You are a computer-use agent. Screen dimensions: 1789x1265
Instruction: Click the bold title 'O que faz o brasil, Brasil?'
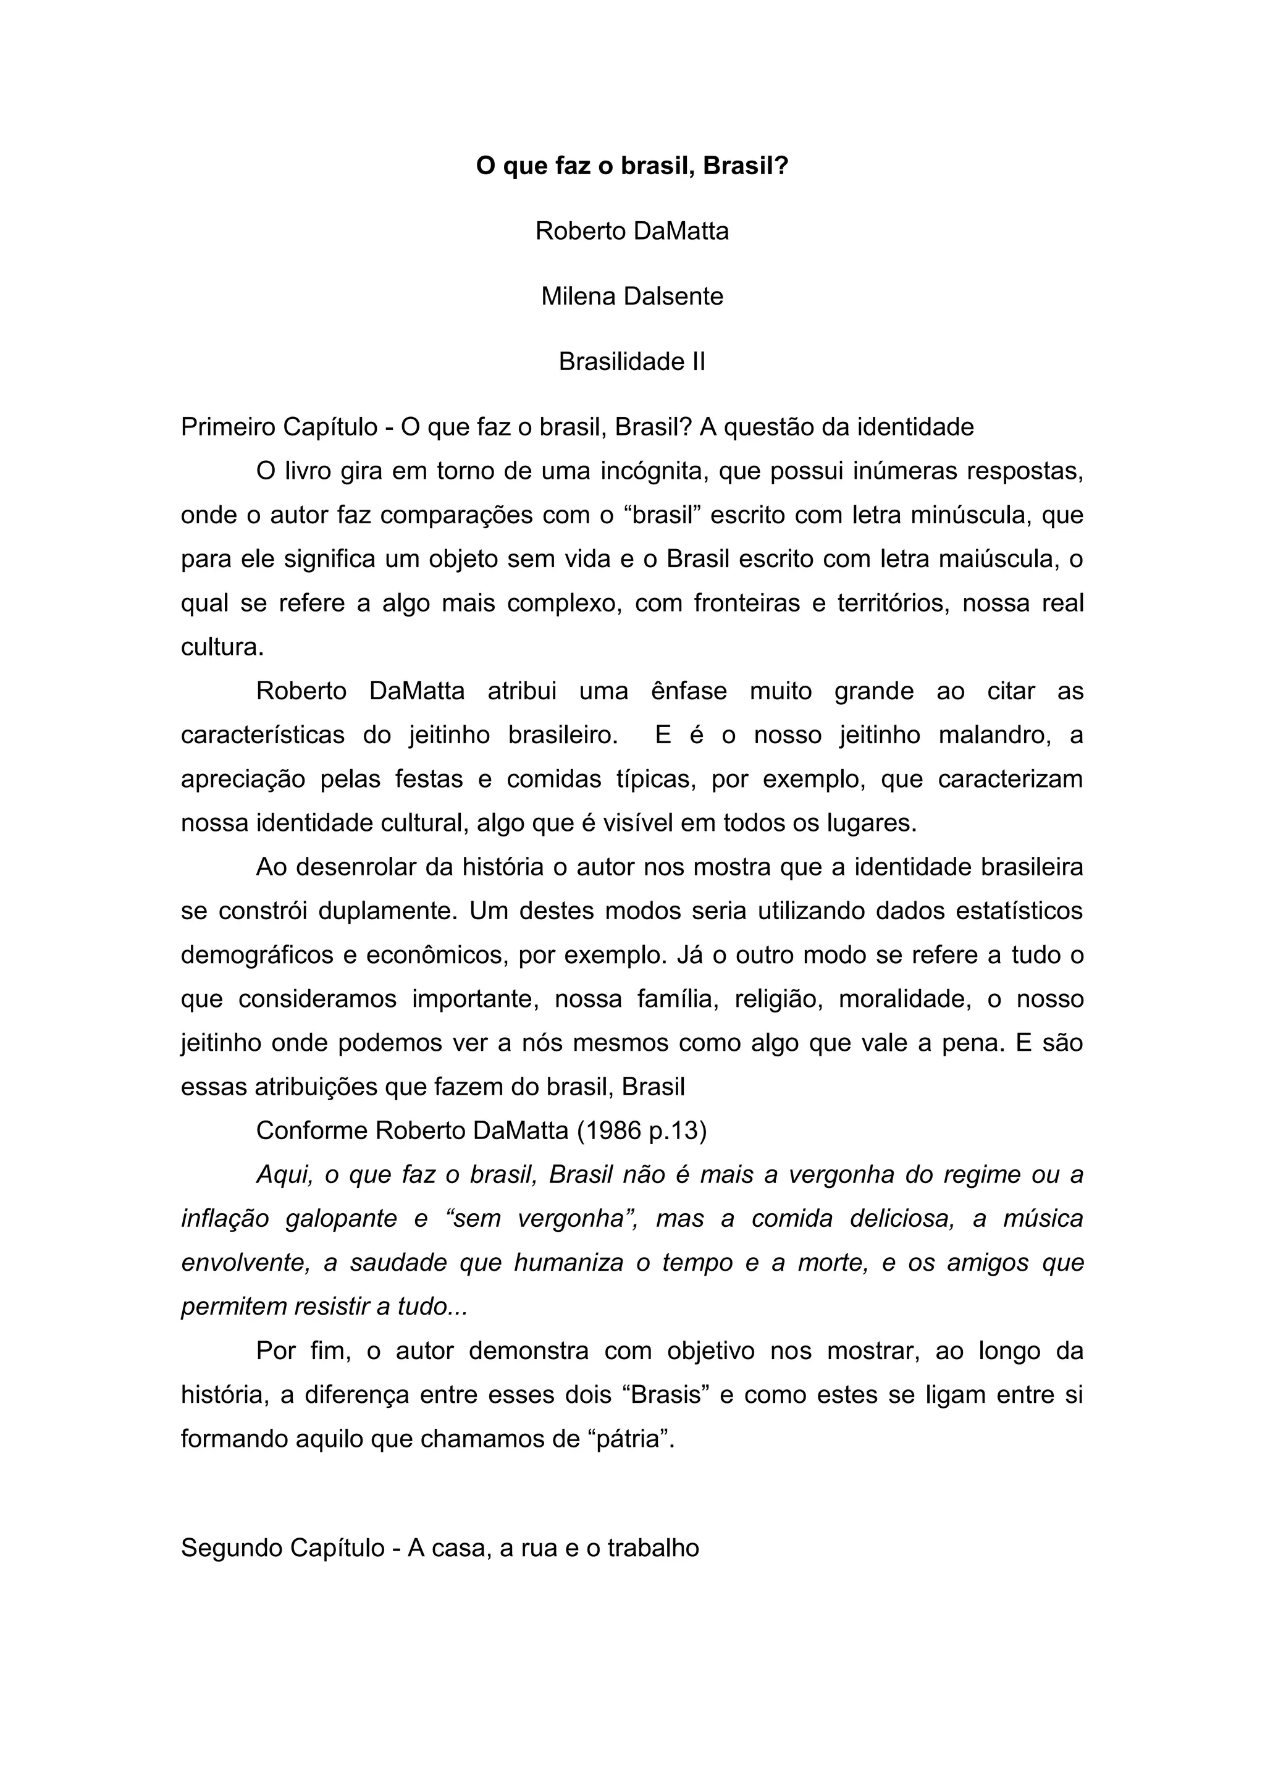pyautogui.click(x=632, y=166)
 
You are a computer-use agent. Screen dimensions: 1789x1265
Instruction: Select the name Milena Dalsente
pyautogui.click(x=632, y=296)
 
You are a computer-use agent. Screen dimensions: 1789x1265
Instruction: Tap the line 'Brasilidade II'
pyautogui.click(x=632, y=361)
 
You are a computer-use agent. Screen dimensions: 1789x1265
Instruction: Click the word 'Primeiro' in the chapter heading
pyautogui.click(x=228, y=427)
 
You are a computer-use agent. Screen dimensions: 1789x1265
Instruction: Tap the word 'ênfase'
pyautogui.click(x=689, y=691)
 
